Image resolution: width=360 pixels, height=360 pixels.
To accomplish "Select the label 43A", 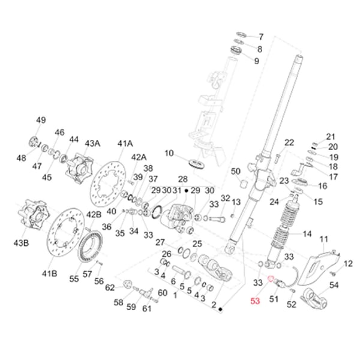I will coord(92,143).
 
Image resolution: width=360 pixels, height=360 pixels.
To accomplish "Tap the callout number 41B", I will coord(49,273).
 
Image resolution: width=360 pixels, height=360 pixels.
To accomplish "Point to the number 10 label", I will coord(169,154).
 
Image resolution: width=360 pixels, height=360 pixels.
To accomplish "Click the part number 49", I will coord(40,121).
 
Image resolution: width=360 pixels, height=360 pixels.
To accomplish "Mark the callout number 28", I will coord(182,179).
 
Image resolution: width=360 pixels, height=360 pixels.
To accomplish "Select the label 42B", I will coord(94,215).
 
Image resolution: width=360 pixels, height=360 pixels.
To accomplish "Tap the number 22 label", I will coord(289,142).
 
